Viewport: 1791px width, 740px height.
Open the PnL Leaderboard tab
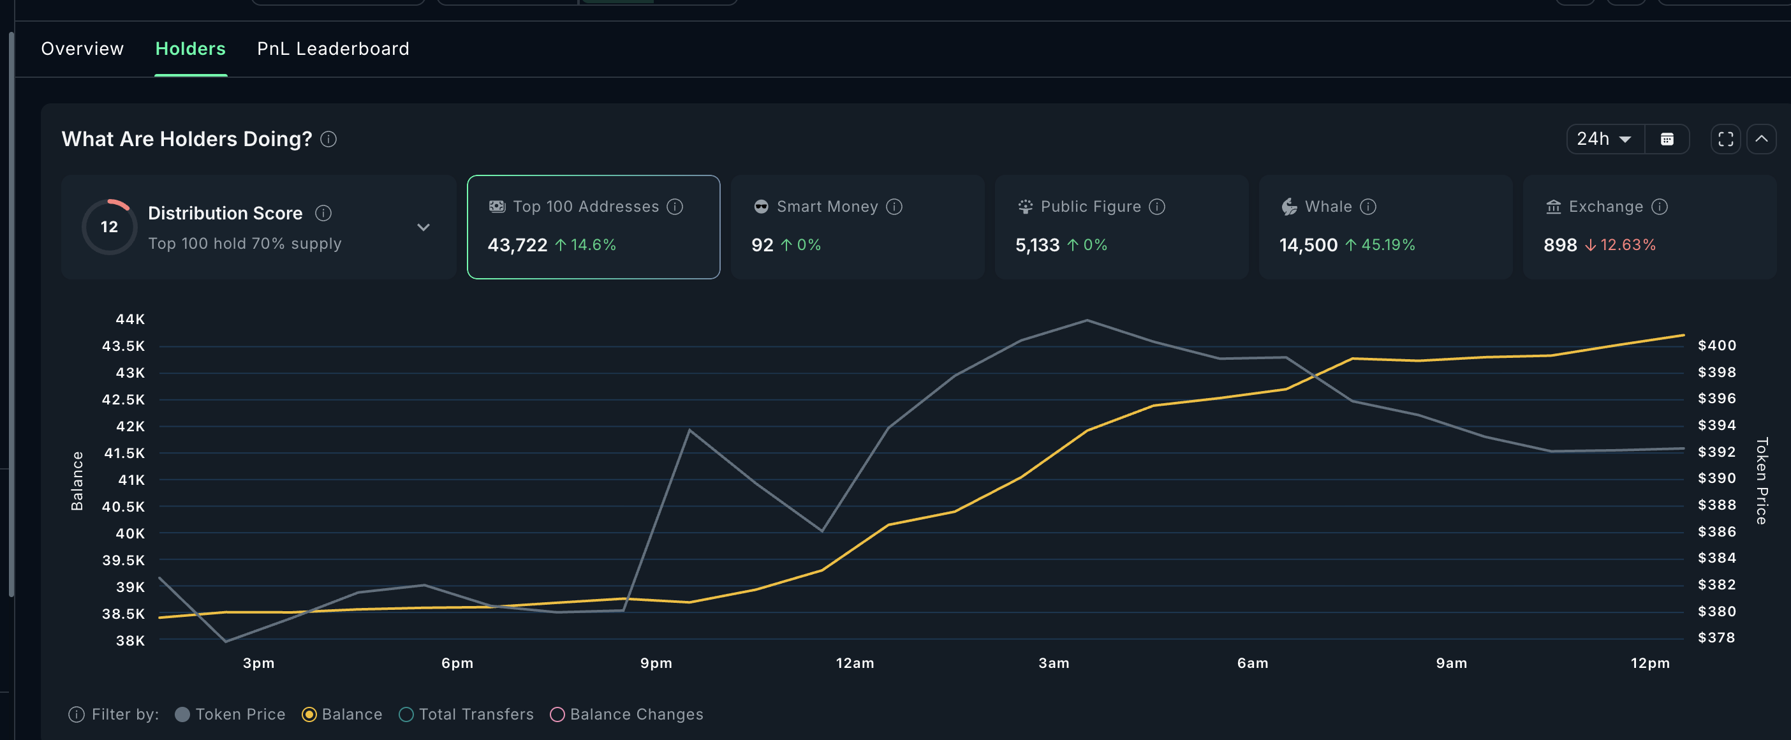coord(333,48)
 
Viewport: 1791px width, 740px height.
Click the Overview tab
coord(82,48)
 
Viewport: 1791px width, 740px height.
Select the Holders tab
coord(191,48)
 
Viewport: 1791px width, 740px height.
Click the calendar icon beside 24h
coord(1667,139)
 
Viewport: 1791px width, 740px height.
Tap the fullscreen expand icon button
coord(1725,139)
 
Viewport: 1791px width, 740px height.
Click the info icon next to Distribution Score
coord(323,213)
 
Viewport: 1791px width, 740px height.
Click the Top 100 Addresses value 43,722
coord(517,245)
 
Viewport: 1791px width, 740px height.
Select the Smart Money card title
coord(827,207)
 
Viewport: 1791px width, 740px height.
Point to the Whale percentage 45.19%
coord(1388,245)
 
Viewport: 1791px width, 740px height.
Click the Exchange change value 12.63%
coord(1628,245)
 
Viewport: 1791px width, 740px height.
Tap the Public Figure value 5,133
coord(1037,245)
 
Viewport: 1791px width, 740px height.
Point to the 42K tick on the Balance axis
coord(130,426)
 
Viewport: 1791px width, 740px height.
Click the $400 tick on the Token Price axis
coord(1716,346)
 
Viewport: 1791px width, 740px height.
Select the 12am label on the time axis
coord(855,663)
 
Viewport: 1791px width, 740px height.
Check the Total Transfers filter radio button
coord(407,714)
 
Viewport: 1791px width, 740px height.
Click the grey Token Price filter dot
coord(183,714)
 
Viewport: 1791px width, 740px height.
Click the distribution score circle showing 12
coord(109,226)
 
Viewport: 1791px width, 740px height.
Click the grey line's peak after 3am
coord(1087,321)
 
